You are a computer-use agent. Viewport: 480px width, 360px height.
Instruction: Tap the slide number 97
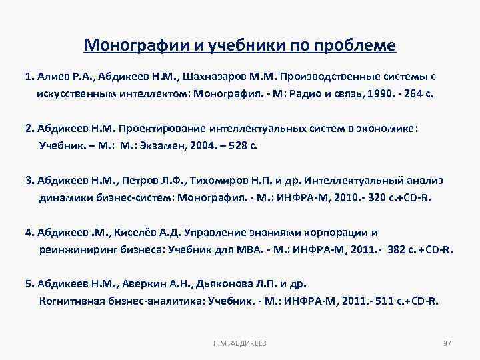tap(447, 342)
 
